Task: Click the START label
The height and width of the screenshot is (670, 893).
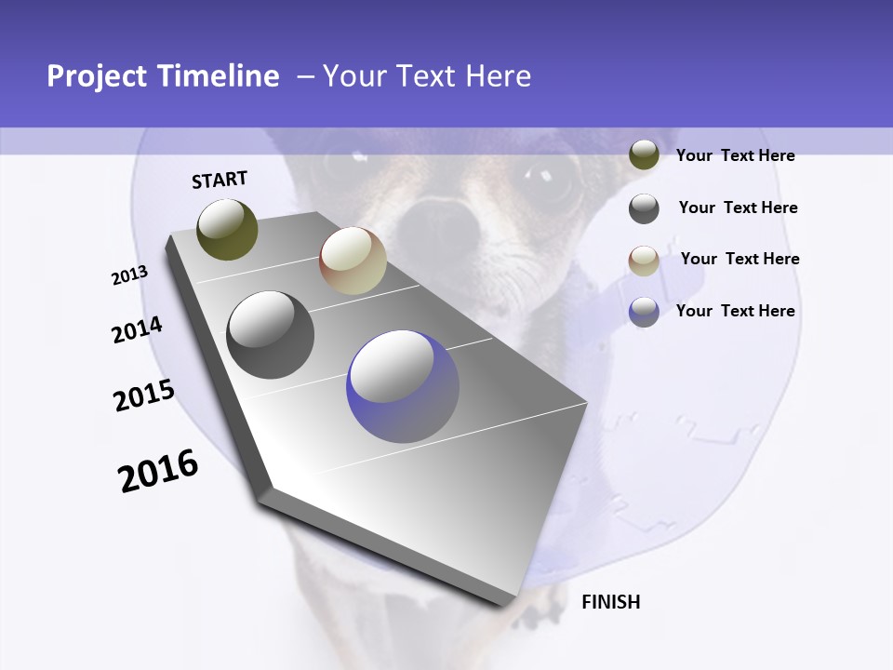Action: coord(220,179)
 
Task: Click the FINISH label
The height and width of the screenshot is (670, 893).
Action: coord(610,602)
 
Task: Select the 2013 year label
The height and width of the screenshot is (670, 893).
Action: coord(129,275)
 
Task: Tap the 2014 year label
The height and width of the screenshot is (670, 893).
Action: coord(137,329)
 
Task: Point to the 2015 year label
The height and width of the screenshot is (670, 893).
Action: coord(144,395)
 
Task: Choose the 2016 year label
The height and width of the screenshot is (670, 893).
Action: coord(158,470)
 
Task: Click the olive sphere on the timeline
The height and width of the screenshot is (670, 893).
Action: coord(228,229)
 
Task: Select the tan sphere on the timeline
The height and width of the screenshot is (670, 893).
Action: coord(353,261)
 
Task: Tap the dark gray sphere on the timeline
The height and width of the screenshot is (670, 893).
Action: coord(271,335)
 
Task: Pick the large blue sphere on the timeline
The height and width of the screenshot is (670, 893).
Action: coord(403,387)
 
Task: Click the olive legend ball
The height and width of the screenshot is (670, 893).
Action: coord(644,155)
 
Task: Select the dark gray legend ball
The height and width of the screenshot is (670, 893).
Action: coord(644,208)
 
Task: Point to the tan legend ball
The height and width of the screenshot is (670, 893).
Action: coord(644,261)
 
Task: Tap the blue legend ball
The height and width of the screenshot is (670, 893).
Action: coord(644,312)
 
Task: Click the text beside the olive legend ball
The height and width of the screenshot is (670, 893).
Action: coord(735,155)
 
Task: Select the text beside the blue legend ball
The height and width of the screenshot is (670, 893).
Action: coord(735,311)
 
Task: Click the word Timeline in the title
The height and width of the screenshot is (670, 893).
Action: coord(219,76)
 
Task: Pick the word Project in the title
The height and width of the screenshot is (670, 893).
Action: coord(98,76)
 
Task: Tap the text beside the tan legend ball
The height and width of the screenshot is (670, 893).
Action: coord(740,259)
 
